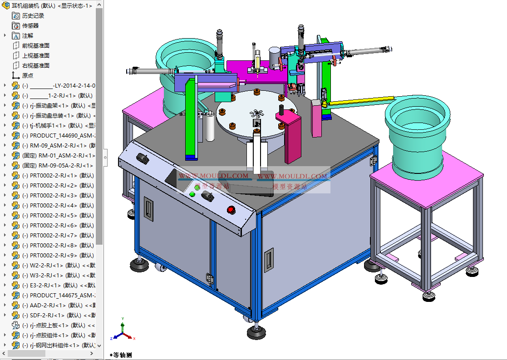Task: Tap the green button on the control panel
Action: (192, 194)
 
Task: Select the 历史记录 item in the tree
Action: (33, 15)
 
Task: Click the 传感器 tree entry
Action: (30, 25)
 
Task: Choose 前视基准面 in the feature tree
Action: (35, 45)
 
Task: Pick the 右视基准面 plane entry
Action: (35, 65)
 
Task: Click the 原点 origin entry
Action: (27, 75)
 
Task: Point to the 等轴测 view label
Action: (121, 355)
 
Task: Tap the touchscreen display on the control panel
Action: (175, 179)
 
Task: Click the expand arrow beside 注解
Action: (5, 35)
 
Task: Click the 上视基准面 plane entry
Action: (35, 55)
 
